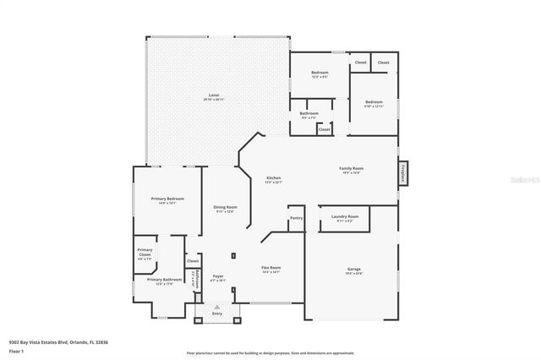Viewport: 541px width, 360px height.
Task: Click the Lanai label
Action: coord(217,95)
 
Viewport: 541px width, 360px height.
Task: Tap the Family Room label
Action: coord(350,168)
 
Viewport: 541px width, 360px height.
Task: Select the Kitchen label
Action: coord(273,177)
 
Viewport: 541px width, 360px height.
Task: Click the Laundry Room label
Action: coord(345,216)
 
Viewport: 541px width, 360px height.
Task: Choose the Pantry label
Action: coord(296,218)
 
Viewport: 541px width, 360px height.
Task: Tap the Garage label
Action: coord(353,270)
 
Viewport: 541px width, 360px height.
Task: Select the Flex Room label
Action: coord(270,268)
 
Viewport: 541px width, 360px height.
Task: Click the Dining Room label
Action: coord(225,207)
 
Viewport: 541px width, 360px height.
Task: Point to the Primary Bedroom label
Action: coord(167,199)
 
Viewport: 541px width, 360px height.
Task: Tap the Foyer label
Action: coord(218,275)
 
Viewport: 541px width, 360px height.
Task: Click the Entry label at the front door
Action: coord(217,314)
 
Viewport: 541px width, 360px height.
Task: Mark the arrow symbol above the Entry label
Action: coord(217,306)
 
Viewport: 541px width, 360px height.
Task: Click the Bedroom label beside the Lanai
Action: coord(319,73)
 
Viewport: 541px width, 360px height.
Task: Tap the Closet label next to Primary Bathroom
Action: coord(193,261)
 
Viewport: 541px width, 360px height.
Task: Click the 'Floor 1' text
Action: coord(16,351)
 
